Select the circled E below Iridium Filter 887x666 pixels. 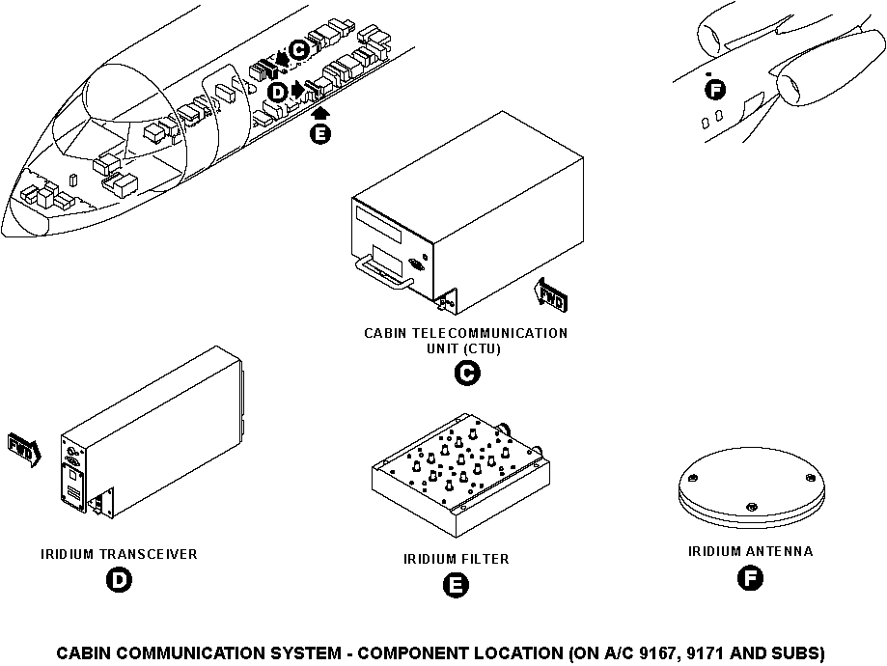click(x=455, y=585)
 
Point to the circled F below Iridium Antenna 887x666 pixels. click(x=749, y=579)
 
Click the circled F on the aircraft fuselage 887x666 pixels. click(x=715, y=90)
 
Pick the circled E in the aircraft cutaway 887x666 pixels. click(x=319, y=133)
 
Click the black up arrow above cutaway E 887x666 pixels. click(x=319, y=113)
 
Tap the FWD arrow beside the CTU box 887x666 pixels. click(x=550, y=294)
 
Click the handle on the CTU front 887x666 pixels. click(x=381, y=272)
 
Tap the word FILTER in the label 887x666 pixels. click(x=485, y=559)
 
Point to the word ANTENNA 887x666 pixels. click(x=779, y=552)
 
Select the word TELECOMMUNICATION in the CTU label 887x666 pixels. click(x=490, y=333)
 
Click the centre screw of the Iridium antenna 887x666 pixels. click(x=751, y=505)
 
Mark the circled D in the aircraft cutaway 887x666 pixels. click(x=277, y=92)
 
